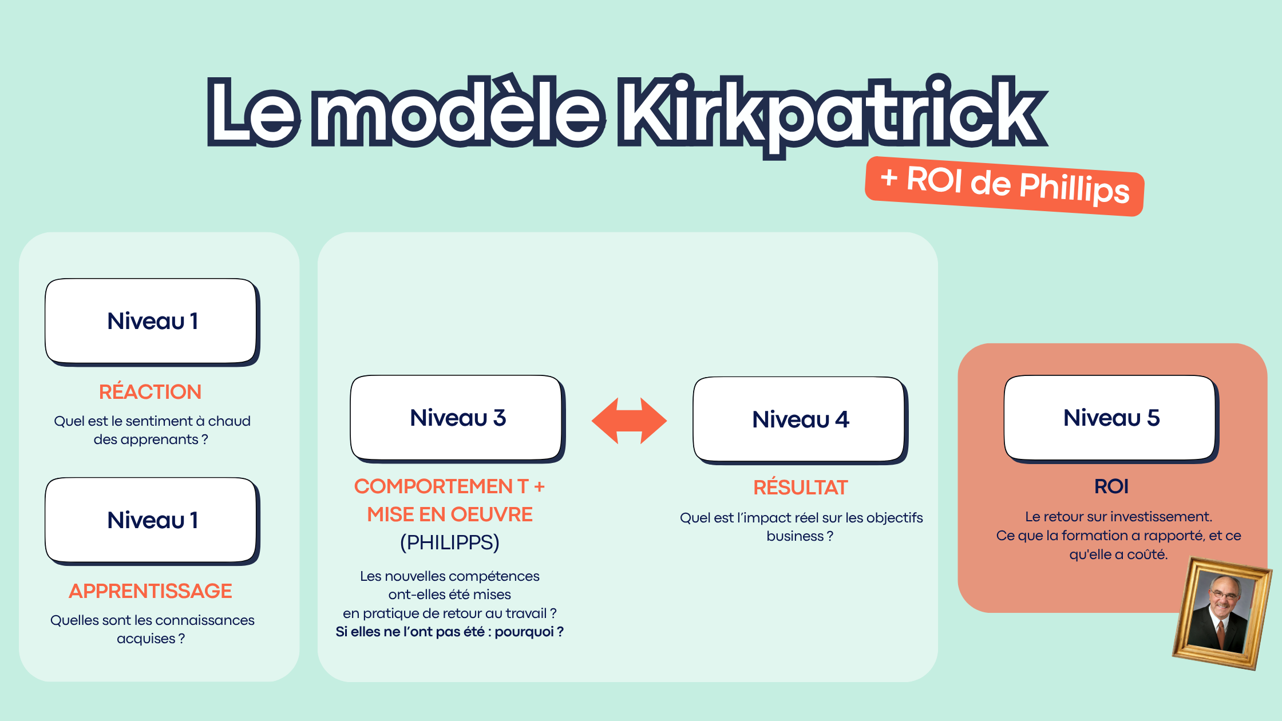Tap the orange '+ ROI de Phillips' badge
point(1004,186)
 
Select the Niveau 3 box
point(457,418)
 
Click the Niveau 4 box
point(800,419)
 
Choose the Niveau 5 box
point(1111,418)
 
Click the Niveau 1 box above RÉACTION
point(152,321)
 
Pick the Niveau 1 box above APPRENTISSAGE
point(152,520)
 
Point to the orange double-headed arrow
point(629,421)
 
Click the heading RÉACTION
point(150,392)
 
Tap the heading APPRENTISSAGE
point(151,591)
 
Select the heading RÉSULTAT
point(800,488)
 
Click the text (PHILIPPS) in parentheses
point(449,542)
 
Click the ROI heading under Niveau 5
point(1111,486)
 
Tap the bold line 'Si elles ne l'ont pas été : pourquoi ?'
point(449,632)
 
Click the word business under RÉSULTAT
point(794,536)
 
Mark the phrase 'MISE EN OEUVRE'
point(449,514)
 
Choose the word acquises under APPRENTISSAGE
point(146,639)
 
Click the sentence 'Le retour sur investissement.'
point(1118,517)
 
